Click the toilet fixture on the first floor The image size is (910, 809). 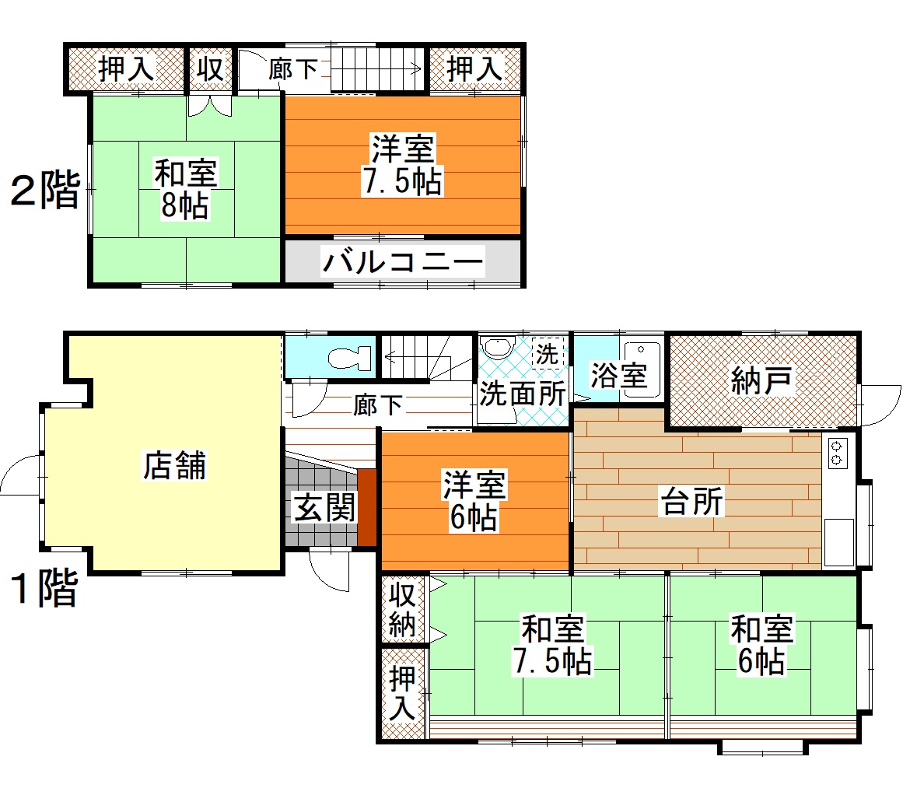[349, 358]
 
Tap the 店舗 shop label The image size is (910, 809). [175, 465]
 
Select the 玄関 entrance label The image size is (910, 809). [324, 509]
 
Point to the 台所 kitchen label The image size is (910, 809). [692, 502]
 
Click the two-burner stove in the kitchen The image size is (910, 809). [837, 453]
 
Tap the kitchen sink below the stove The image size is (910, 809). [838, 542]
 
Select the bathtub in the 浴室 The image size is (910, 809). [642, 369]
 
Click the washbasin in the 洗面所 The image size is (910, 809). [496, 348]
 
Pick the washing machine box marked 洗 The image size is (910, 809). [548, 353]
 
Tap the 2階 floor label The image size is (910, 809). [46, 190]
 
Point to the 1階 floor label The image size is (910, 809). [44, 588]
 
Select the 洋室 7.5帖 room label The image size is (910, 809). [403, 165]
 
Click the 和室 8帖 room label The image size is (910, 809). [186, 189]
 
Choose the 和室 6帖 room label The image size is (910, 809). [761, 646]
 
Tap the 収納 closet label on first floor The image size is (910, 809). [402, 609]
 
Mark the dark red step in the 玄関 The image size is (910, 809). [367, 508]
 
